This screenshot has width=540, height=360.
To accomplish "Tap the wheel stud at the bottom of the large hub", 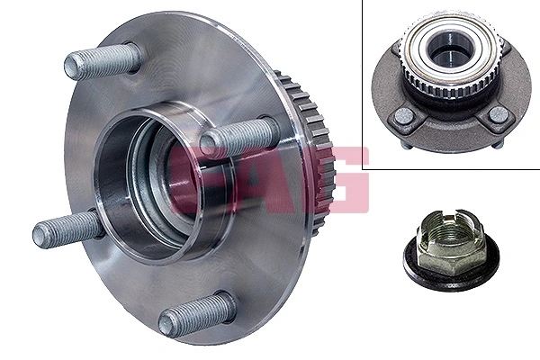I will click(x=197, y=314).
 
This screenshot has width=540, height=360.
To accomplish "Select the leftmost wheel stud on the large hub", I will click(x=68, y=230).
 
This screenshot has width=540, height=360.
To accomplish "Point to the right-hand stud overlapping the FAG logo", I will click(x=238, y=138).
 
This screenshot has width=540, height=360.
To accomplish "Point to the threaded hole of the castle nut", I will click(x=443, y=237).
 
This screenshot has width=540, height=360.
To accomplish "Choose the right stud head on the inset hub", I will click(x=498, y=114).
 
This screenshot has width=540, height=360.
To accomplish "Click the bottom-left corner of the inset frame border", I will click(x=364, y=169).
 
